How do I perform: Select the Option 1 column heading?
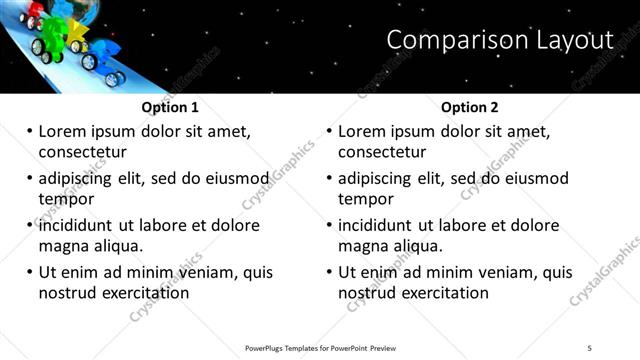click(x=170, y=108)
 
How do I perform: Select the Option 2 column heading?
click(x=469, y=108)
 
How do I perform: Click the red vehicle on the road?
click(x=36, y=15)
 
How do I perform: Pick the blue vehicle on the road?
click(x=106, y=54)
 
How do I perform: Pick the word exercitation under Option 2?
click(x=439, y=293)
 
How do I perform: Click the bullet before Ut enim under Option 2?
click(x=329, y=272)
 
